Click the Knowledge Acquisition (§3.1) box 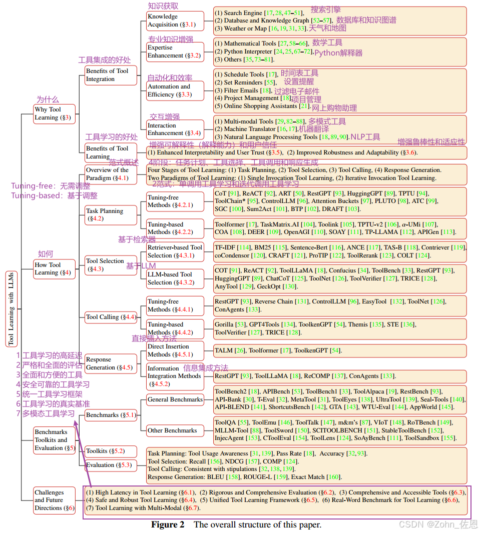175,20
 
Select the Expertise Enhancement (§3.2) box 175,51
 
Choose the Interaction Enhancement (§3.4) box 175,129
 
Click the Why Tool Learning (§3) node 54,113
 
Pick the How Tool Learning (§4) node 54,268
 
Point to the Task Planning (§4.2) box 110,214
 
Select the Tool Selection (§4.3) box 110,264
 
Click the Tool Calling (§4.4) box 110,316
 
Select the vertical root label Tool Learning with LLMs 11,308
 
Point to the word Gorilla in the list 224,324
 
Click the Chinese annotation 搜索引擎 325,9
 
